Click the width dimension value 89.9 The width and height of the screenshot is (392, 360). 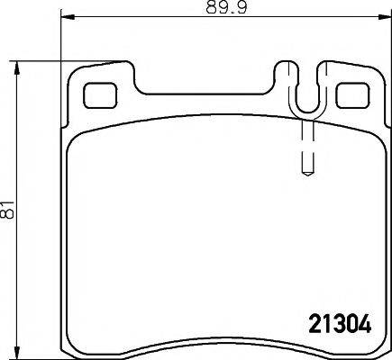click(x=226, y=7)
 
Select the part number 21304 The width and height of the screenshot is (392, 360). click(x=340, y=324)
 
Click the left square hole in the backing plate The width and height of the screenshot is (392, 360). click(x=99, y=95)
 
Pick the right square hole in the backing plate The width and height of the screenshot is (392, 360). click(x=352, y=95)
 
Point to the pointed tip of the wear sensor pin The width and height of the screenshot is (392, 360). click(x=307, y=175)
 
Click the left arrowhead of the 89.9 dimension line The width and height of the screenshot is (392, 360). click(x=68, y=18)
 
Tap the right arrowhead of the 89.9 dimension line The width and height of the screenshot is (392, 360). click(x=386, y=18)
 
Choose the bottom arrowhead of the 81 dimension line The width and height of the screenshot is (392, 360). click(x=17, y=353)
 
